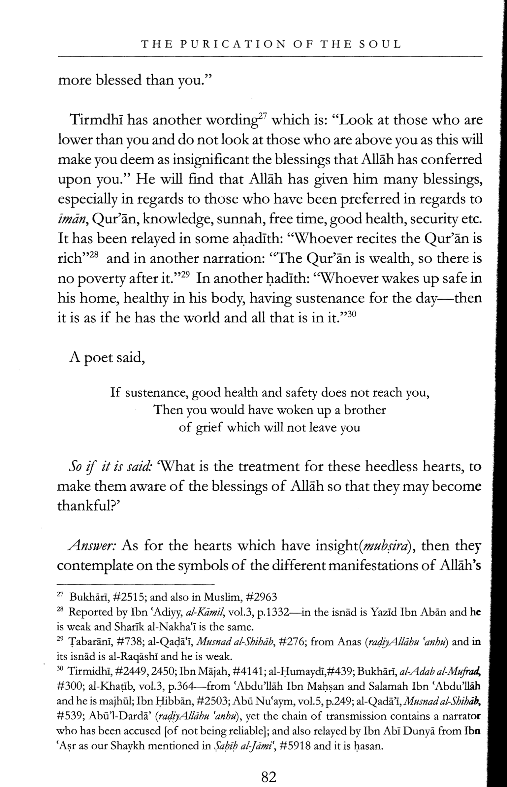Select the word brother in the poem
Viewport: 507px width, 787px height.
click(x=365, y=410)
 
